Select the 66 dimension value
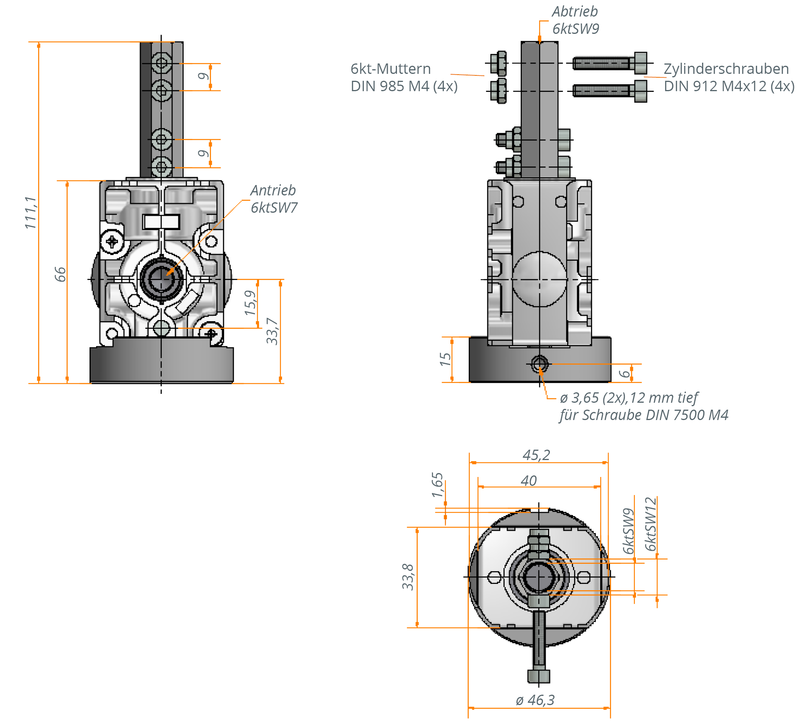click(60, 274)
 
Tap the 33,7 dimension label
click(272, 331)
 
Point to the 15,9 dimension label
click(251, 302)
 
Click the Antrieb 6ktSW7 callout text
click(273, 199)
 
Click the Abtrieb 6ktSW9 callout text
click(575, 20)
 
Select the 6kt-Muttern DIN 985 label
click(403, 77)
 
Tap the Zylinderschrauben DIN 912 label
click(728, 77)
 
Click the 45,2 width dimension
click(536, 455)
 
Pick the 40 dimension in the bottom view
click(529, 480)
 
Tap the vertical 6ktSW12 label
click(651, 524)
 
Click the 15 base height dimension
click(445, 359)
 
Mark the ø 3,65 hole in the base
click(539, 364)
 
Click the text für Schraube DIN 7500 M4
click(644, 415)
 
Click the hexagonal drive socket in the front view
click(161, 279)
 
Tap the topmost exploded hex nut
click(498, 63)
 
